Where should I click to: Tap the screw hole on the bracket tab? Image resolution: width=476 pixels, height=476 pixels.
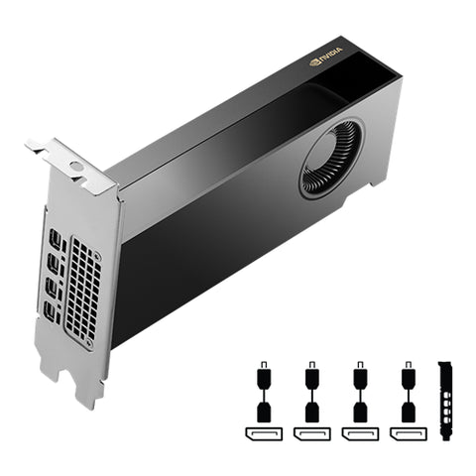click(x=75, y=166)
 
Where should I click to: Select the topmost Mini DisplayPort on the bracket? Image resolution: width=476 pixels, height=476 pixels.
click(x=56, y=239)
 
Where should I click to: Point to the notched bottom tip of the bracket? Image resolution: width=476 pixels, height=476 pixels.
click(x=91, y=391)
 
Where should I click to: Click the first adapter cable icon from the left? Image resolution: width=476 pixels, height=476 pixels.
click(x=263, y=395)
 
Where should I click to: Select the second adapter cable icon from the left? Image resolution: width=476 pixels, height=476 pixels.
click(x=311, y=395)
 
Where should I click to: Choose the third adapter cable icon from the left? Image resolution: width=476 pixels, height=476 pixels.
click(x=359, y=395)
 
